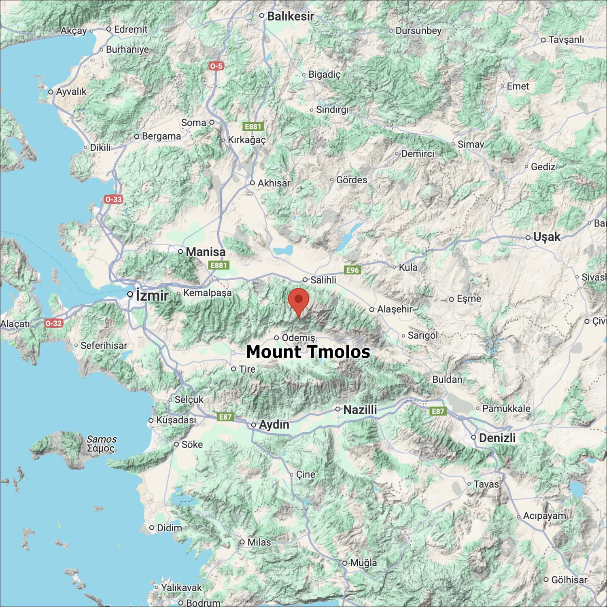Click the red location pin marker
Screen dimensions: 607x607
pyautogui.click(x=299, y=301)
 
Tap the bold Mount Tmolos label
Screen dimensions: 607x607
pyautogui.click(x=308, y=352)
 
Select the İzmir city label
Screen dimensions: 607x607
pyautogui.click(x=152, y=295)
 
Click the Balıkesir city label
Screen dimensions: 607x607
pyautogui.click(x=290, y=16)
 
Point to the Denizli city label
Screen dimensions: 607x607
pyautogui.click(x=497, y=438)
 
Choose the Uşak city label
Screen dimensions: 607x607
pyautogui.click(x=546, y=237)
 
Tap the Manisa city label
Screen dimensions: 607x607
pyautogui.click(x=205, y=252)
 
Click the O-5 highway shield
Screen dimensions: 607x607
pyautogui.click(x=216, y=66)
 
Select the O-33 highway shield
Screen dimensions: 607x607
pyautogui.click(x=113, y=199)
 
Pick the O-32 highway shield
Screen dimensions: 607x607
pyautogui.click(x=53, y=323)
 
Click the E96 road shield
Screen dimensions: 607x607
pyautogui.click(x=352, y=270)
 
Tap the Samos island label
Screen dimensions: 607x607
pyautogui.click(x=101, y=444)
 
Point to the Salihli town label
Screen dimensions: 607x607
pyautogui.click(x=323, y=280)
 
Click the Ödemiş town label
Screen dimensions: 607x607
pyautogui.click(x=298, y=337)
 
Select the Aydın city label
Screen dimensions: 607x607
pyautogui.click(x=274, y=424)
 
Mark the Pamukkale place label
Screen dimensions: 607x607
pyautogui.click(x=506, y=408)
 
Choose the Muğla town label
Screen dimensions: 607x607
pyautogui.click(x=363, y=562)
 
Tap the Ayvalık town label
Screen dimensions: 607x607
pyautogui.click(x=71, y=91)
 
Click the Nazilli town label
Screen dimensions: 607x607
pyautogui.click(x=360, y=410)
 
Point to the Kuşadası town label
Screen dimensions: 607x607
pyautogui.click(x=176, y=420)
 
